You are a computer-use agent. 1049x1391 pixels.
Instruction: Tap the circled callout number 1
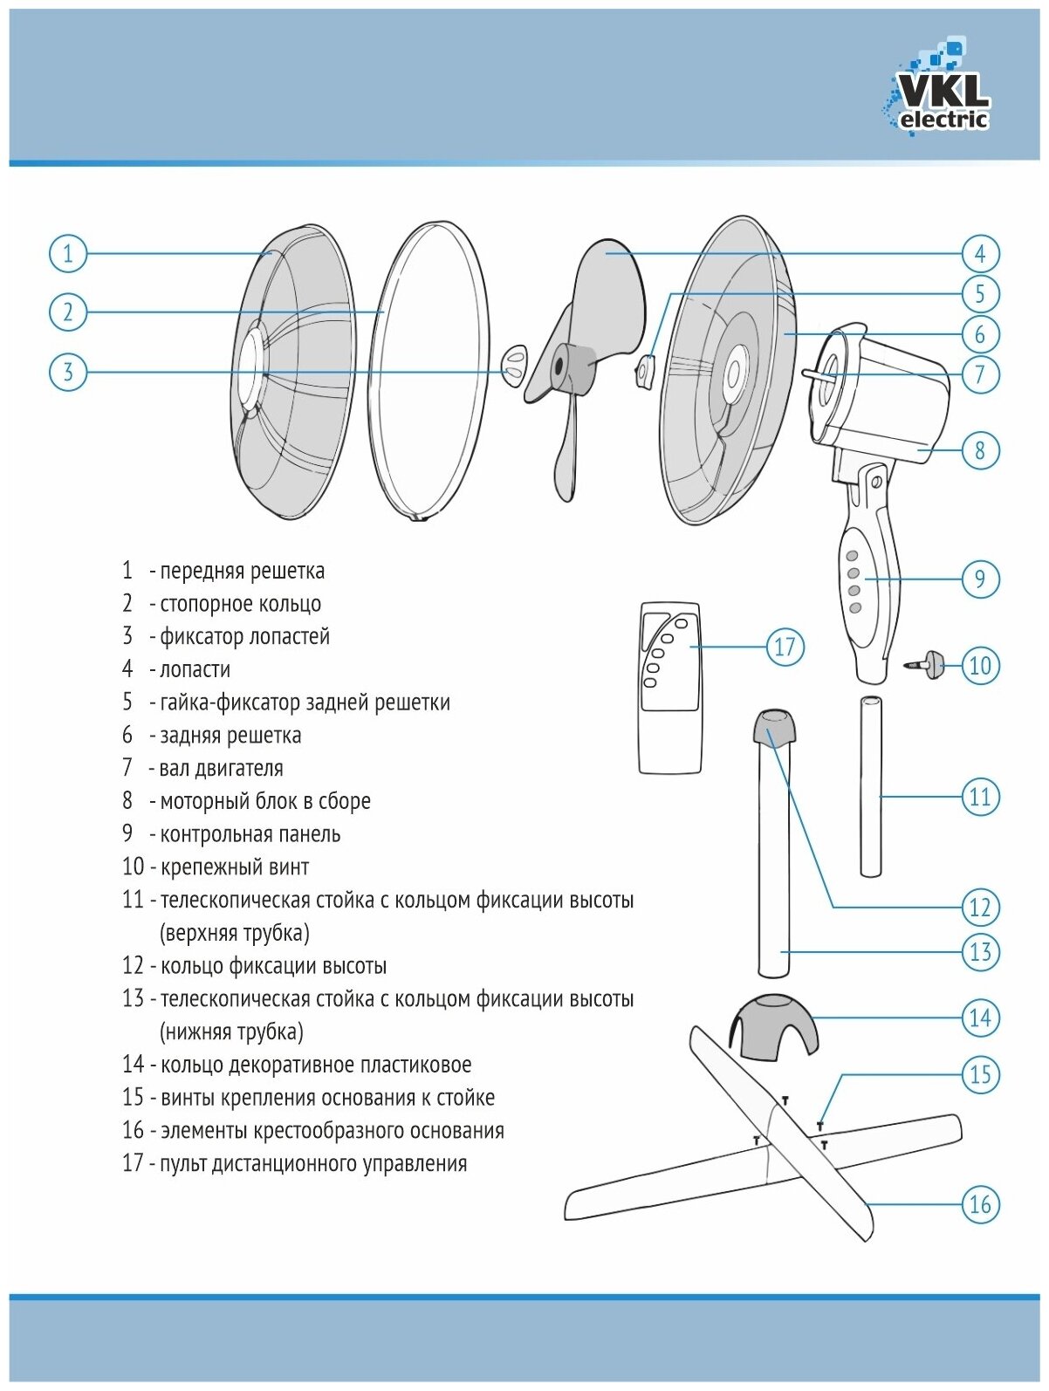click(x=68, y=254)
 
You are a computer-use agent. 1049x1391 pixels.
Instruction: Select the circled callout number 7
click(x=979, y=374)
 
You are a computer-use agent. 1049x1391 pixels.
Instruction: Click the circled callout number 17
click(x=785, y=647)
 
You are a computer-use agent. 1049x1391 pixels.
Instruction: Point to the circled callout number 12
click(x=979, y=908)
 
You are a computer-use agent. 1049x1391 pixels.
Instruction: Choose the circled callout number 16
click(x=979, y=1204)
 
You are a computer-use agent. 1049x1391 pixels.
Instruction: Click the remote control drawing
click(x=669, y=688)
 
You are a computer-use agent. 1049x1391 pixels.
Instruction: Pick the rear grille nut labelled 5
click(x=645, y=371)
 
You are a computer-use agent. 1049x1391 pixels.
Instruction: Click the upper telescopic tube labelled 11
click(x=870, y=785)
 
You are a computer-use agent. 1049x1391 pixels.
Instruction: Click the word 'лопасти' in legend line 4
click(x=195, y=670)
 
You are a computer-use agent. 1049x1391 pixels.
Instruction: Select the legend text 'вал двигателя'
click(x=221, y=769)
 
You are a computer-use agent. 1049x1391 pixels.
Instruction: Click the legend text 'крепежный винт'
click(x=235, y=867)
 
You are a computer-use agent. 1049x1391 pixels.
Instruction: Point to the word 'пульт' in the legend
click(x=182, y=1164)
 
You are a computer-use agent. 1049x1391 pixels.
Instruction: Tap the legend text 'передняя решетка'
click(x=242, y=572)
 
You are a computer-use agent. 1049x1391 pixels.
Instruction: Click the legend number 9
click(x=127, y=834)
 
